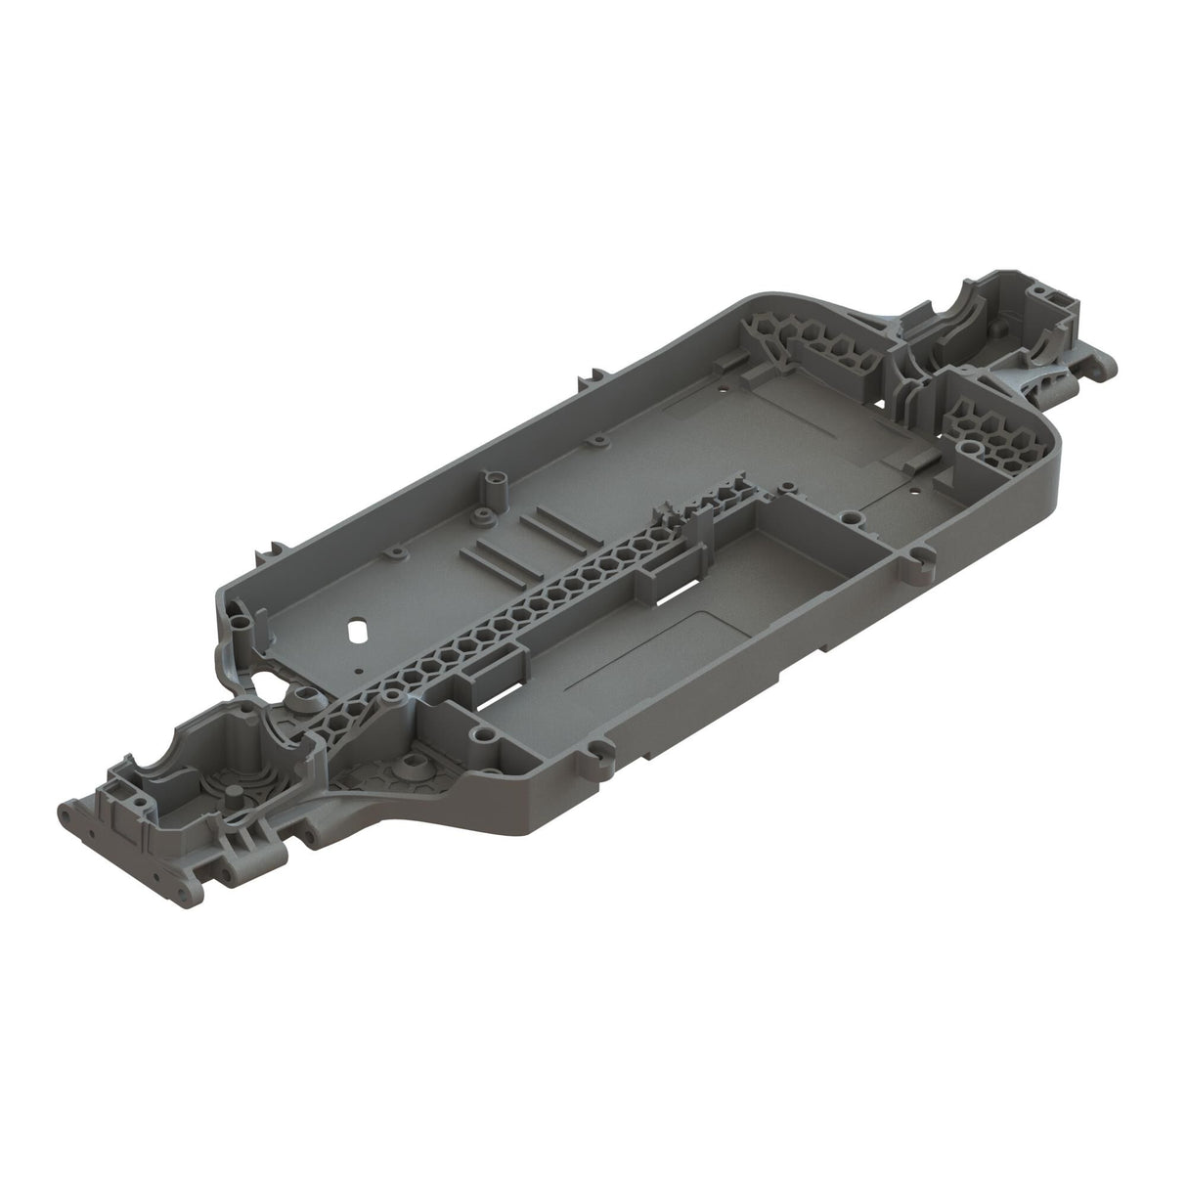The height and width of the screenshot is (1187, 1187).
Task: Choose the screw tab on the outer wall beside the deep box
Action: tap(918, 564)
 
